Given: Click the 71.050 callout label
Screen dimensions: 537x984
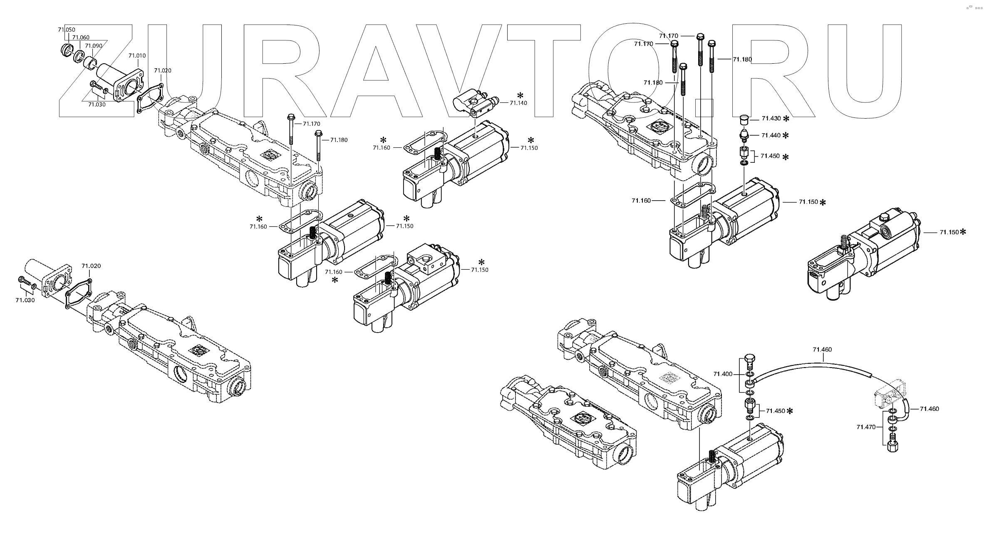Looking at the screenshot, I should tap(67, 30).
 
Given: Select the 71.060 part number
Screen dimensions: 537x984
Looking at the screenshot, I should tap(81, 38).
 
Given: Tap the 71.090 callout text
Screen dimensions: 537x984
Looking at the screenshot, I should tap(93, 46).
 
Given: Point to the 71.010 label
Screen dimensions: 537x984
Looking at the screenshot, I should tap(137, 55).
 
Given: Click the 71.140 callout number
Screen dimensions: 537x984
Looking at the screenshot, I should tap(518, 103).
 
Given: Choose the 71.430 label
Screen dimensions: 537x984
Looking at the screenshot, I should tap(771, 119).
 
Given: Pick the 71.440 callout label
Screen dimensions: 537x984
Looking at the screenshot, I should tap(771, 135).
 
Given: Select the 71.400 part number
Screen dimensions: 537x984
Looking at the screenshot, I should tap(723, 374).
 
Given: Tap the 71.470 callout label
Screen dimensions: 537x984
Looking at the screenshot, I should tap(866, 427).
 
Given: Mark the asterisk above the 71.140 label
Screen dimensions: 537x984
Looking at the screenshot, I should tap(520, 95).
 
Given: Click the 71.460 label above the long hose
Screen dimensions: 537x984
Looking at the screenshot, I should tap(822, 350).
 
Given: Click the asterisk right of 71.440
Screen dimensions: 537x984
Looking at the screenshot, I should tap(786, 136).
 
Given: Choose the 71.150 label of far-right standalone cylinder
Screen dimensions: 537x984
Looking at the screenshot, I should tap(949, 232).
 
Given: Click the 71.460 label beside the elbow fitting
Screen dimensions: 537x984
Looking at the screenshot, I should tap(929, 409).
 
